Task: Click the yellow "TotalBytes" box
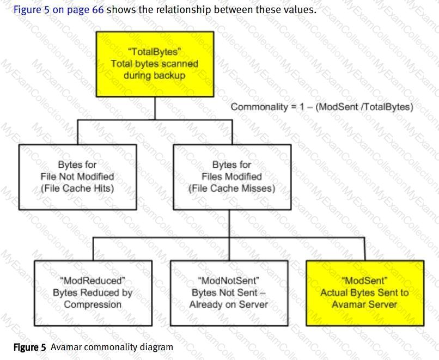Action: [155, 64]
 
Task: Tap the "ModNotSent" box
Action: [229, 292]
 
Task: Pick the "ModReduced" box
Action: [93, 292]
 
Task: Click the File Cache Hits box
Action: [78, 176]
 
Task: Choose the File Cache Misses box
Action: [229, 176]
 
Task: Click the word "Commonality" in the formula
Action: [258, 107]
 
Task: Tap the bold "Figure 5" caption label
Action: [25, 347]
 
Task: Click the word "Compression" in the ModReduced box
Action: [93, 304]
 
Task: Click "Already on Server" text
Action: [229, 304]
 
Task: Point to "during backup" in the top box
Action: [155, 75]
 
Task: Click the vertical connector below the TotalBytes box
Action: [155, 108]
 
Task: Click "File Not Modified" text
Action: [78, 176]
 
